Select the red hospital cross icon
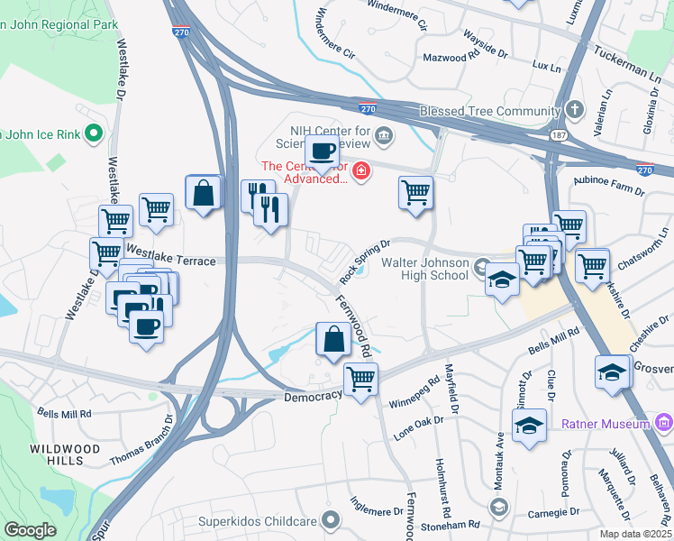(x=361, y=170)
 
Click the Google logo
(x=31, y=530)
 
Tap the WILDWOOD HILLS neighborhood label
(x=57, y=454)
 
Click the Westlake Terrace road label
(x=170, y=260)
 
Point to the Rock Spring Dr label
(x=364, y=260)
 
